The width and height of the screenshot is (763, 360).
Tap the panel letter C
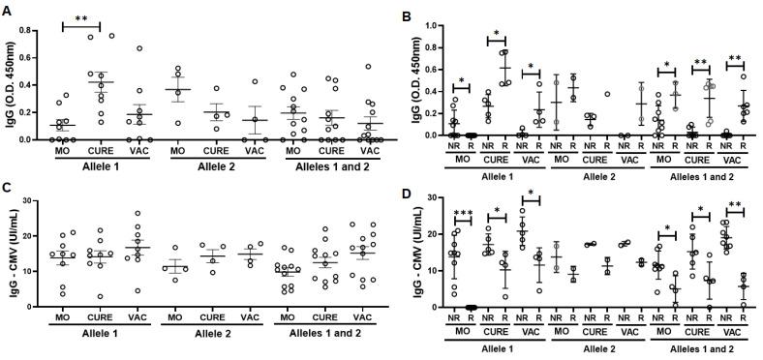coord(7,189)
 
